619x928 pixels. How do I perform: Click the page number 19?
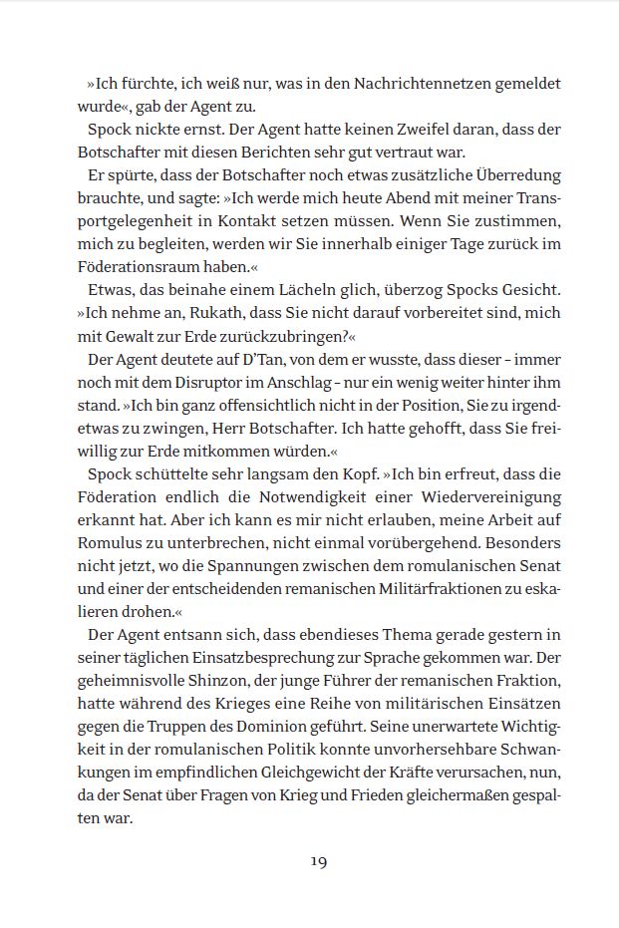(319, 861)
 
